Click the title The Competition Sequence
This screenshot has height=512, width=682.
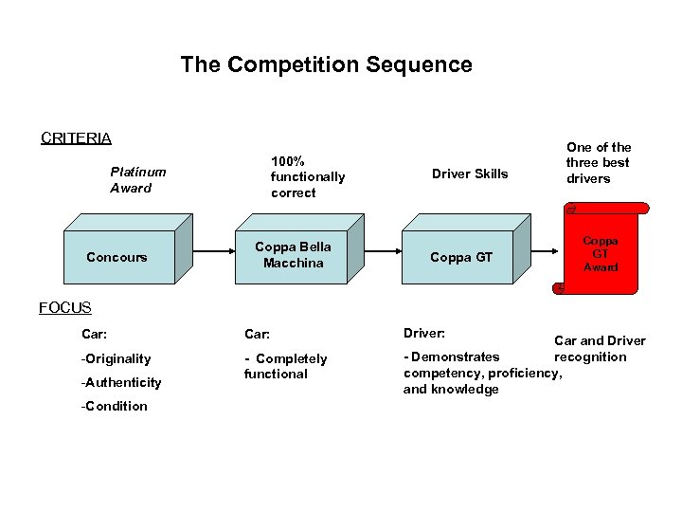(x=326, y=64)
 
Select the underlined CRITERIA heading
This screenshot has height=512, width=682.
(x=76, y=137)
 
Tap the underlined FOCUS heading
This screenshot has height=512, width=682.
(x=65, y=307)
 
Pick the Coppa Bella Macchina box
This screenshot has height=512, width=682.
(x=294, y=255)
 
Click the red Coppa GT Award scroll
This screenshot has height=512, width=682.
(x=601, y=253)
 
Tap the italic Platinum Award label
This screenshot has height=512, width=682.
(x=137, y=179)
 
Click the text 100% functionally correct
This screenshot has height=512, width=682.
(x=307, y=176)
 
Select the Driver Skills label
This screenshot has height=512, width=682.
(x=470, y=174)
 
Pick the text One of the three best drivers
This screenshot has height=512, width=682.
(x=599, y=162)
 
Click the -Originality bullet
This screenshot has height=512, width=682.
(x=117, y=358)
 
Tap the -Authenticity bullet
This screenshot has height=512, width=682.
(x=121, y=382)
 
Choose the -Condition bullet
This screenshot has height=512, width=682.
(x=115, y=406)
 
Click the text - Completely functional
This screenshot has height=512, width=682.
(x=285, y=366)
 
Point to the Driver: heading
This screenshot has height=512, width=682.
(x=423, y=334)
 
